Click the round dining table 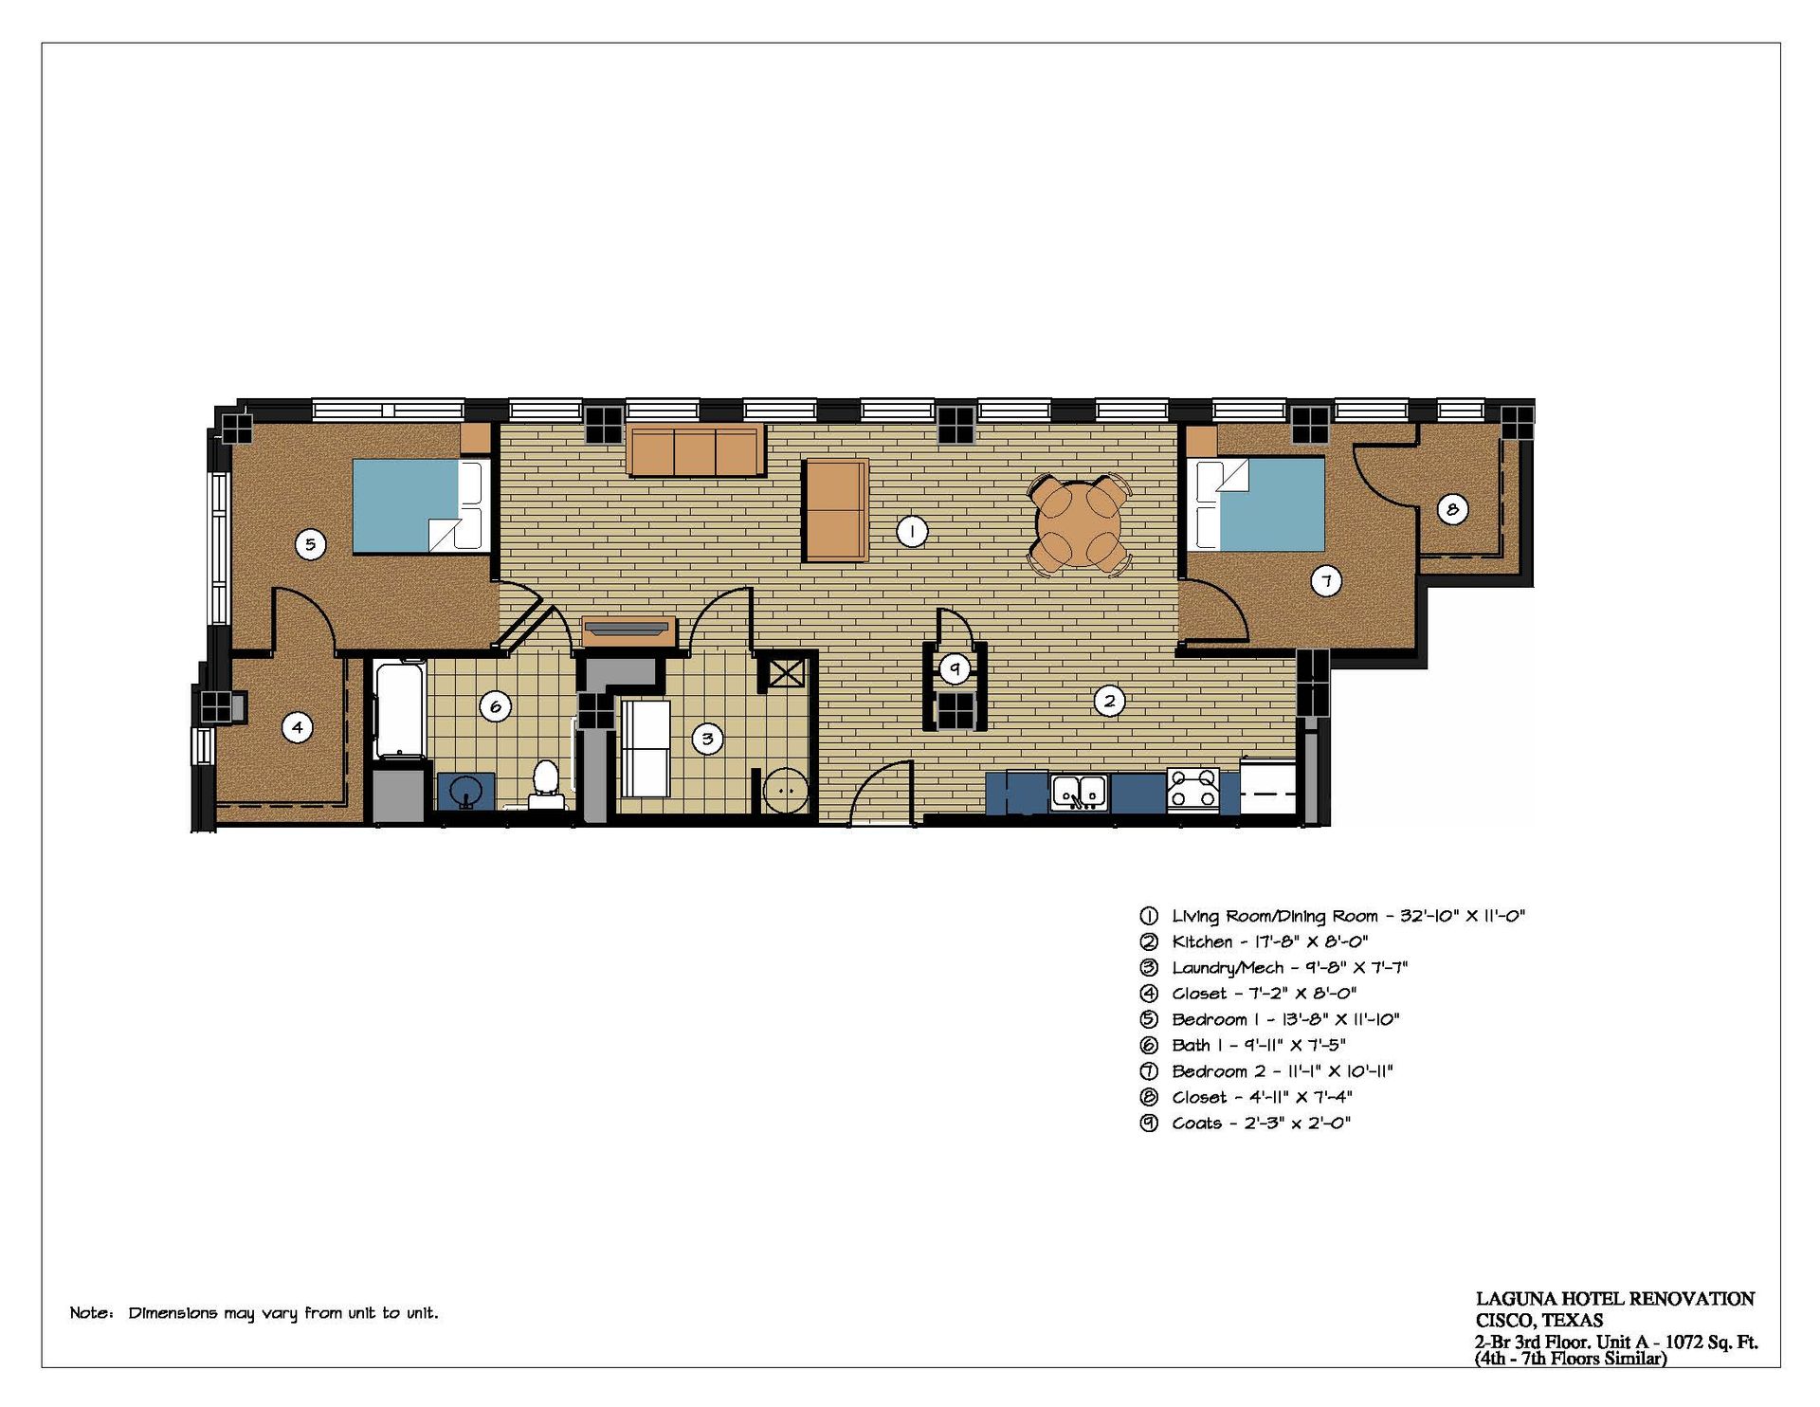1079,523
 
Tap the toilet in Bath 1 545,784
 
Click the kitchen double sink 1080,792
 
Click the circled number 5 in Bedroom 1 310,544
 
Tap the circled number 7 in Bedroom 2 1326,581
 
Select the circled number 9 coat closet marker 955,668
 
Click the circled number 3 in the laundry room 707,739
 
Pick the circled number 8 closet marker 1452,509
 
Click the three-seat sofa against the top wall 695,450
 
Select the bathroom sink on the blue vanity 465,791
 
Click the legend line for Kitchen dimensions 1254,941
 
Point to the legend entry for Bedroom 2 1266,1071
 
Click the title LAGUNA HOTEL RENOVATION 1614,1299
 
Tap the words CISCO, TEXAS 1539,1321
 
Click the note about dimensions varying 254,1313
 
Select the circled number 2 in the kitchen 1109,701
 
